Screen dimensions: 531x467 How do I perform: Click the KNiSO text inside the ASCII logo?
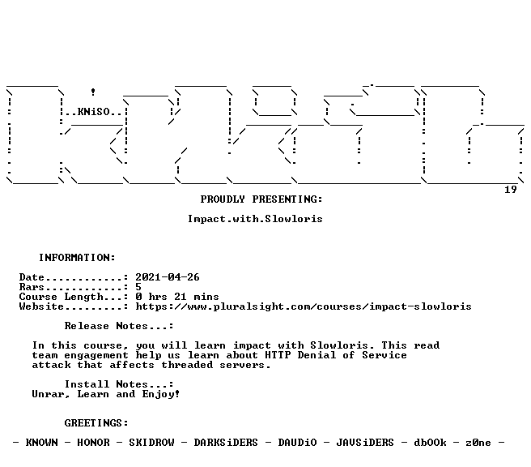[94, 112]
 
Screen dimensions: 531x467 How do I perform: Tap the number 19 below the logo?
[511, 190]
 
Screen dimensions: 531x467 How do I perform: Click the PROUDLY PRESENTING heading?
[261, 199]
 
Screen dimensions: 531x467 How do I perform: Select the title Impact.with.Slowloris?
[255, 219]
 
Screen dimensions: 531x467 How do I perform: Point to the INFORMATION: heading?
[77, 258]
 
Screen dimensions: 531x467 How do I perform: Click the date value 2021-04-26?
[168, 277]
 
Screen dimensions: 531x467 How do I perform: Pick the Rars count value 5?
[138, 287]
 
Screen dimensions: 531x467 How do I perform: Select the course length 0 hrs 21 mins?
[177, 297]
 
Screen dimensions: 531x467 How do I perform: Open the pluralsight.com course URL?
[304, 306]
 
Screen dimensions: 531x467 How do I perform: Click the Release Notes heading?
[119, 326]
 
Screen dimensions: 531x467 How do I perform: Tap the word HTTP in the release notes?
[278, 355]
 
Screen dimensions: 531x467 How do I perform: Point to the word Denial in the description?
[316, 355]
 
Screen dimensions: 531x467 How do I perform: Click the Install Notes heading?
[119, 384]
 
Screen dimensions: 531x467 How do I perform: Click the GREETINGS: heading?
[96, 423]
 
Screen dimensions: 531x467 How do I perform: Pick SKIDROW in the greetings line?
[151, 443]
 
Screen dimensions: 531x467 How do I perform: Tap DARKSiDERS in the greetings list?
[226, 443]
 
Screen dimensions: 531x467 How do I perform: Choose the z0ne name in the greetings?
[478, 443]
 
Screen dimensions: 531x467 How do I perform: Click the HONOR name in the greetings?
[93, 443]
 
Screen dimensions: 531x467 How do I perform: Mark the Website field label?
[41, 306]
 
